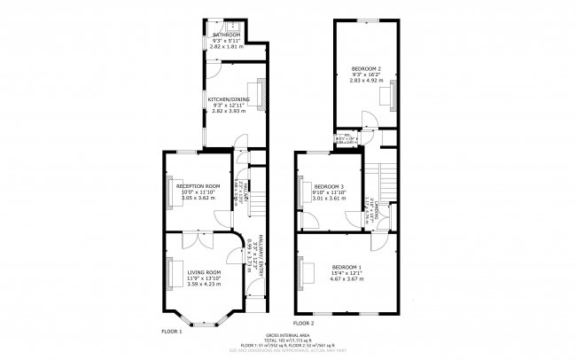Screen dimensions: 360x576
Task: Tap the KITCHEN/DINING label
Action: (x=229, y=99)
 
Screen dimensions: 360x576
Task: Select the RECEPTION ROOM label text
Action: (x=199, y=185)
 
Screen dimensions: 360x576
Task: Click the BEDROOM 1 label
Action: (x=347, y=267)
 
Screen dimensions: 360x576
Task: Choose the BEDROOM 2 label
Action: (x=366, y=68)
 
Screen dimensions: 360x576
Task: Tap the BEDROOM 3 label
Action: (x=329, y=185)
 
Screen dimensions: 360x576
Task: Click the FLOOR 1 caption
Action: (x=171, y=331)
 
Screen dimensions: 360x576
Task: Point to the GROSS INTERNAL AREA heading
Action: (x=287, y=336)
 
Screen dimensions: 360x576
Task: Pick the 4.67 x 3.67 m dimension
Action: (x=347, y=278)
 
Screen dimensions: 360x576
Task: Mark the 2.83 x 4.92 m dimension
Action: (x=366, y=80)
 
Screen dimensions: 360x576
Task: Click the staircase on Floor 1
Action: (x=255, y=205)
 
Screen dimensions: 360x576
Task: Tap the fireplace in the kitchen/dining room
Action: (x=262, y=99)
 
